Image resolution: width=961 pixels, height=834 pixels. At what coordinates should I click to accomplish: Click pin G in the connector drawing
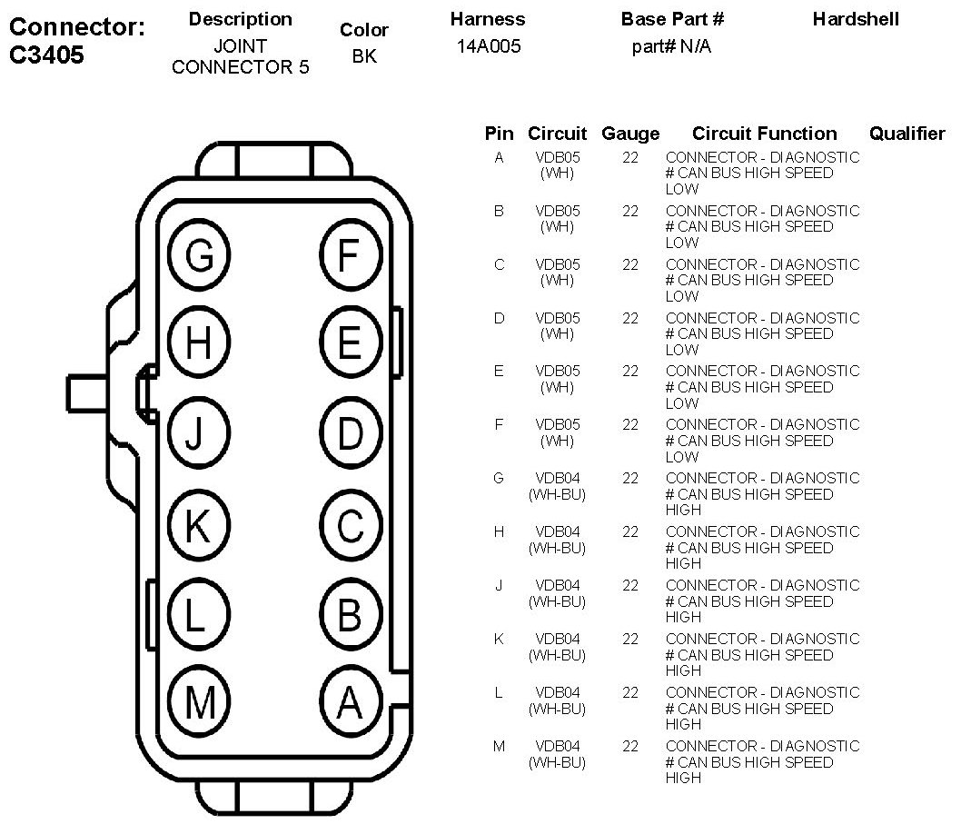pos(199,255)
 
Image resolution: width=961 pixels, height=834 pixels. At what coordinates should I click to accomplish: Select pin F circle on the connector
pos(350,255)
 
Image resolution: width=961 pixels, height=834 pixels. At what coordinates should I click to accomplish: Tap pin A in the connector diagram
pos(350,701)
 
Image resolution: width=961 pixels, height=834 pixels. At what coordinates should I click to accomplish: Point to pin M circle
pos(199,701)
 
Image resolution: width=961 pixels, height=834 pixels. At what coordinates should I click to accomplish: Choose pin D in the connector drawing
pos(350,434)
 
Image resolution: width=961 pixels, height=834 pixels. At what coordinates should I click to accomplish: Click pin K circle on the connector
pos(199,524)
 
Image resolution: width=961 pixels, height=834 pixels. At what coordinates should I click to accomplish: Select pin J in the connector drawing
pos(199,434)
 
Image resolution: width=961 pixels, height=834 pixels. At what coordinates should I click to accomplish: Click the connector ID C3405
pos(46,55)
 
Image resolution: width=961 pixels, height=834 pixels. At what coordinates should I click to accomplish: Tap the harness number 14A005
pos(489,46)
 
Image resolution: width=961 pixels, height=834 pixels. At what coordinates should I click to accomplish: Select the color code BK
pos(363,56)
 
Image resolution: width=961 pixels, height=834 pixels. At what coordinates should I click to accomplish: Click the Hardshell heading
pos(856,19)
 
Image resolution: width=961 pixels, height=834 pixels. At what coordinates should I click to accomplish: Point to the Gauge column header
pos(630,134)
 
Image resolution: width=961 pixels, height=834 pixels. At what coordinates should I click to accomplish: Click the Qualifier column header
pos(907,134)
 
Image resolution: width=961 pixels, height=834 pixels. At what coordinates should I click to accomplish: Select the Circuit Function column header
pos(764,134)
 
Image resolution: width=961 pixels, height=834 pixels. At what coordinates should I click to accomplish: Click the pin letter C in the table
pos(499,264)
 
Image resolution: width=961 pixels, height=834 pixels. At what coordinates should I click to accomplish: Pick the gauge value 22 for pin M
pos(630,746)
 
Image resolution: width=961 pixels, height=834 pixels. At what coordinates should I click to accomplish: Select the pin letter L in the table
pos(499,692)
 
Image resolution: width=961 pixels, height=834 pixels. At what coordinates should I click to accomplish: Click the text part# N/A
pos(671,46)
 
